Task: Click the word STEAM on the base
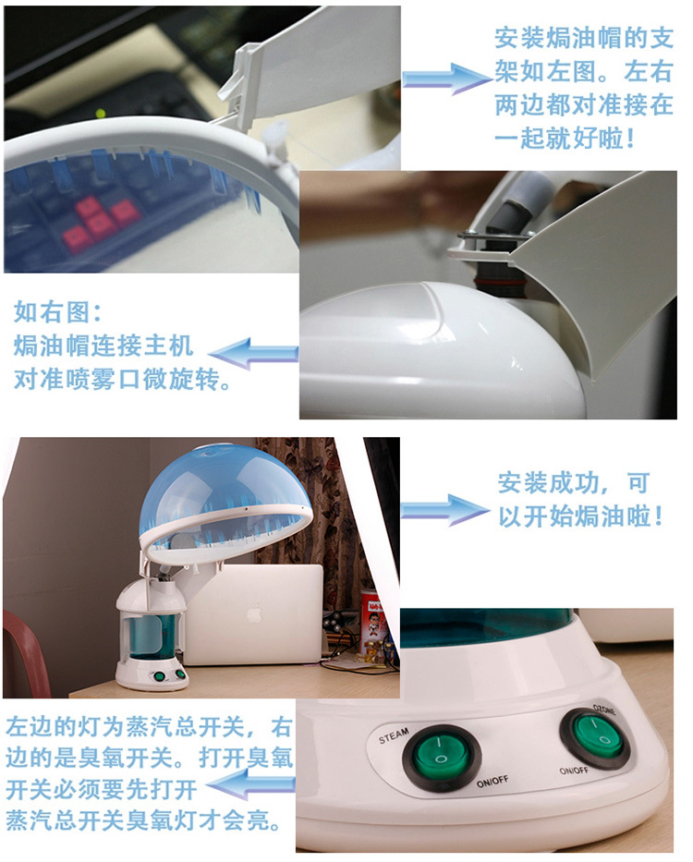[x=394, y=735]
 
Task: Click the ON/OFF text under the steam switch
[x=492, y=782]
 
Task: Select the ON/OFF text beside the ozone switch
[x=574, y=771]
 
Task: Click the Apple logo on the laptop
[x=254, y=613]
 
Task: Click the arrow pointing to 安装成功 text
[x=445, y=510]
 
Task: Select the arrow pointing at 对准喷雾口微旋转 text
[x=253, y=354]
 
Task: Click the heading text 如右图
[x=57, y=312]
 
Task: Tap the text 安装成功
[x=546, y=482]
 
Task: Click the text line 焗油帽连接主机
[x=103, y=346]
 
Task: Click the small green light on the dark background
[x=100, y=114]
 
